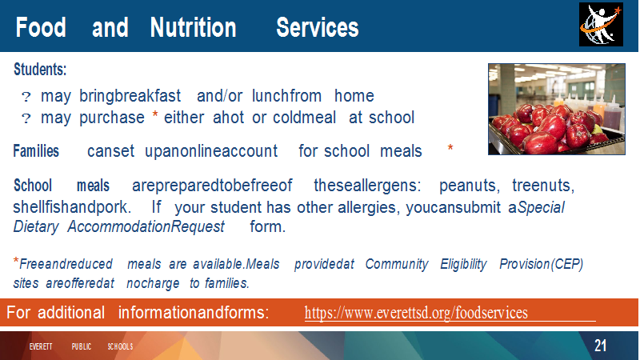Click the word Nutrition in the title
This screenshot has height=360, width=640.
coord(193,27)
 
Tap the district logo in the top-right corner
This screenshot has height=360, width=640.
coord(601,25)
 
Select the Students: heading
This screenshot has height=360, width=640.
coord(40,70)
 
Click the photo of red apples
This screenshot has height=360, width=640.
coord(557,109)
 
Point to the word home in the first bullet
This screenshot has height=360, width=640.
coord(354,96)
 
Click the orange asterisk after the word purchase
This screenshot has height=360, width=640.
coord(155,115)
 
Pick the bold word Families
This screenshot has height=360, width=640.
coord(36,151)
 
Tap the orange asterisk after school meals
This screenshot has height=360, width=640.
coord(450,148)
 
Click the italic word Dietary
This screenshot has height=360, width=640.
coord(36,227)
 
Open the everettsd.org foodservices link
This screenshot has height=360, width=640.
coord(416,313)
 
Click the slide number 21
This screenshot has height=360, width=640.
coord(600,346)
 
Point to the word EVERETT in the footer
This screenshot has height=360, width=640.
coord(41,346)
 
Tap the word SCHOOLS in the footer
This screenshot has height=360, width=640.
coord(121,346)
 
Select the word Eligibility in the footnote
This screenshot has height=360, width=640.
coord(463,265)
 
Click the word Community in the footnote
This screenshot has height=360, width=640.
coord(397,265)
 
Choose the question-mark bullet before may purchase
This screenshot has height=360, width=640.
coord(26,118)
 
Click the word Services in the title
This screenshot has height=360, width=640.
coord(318,27)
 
